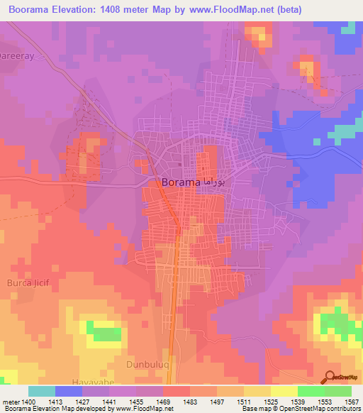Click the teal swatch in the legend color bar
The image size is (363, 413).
(41, 391)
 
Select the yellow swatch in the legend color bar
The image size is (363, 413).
(284, 391)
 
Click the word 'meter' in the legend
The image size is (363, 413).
(12, 402)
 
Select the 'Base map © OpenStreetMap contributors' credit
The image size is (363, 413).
(301, 409)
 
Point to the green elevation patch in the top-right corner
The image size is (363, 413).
(348, 28)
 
